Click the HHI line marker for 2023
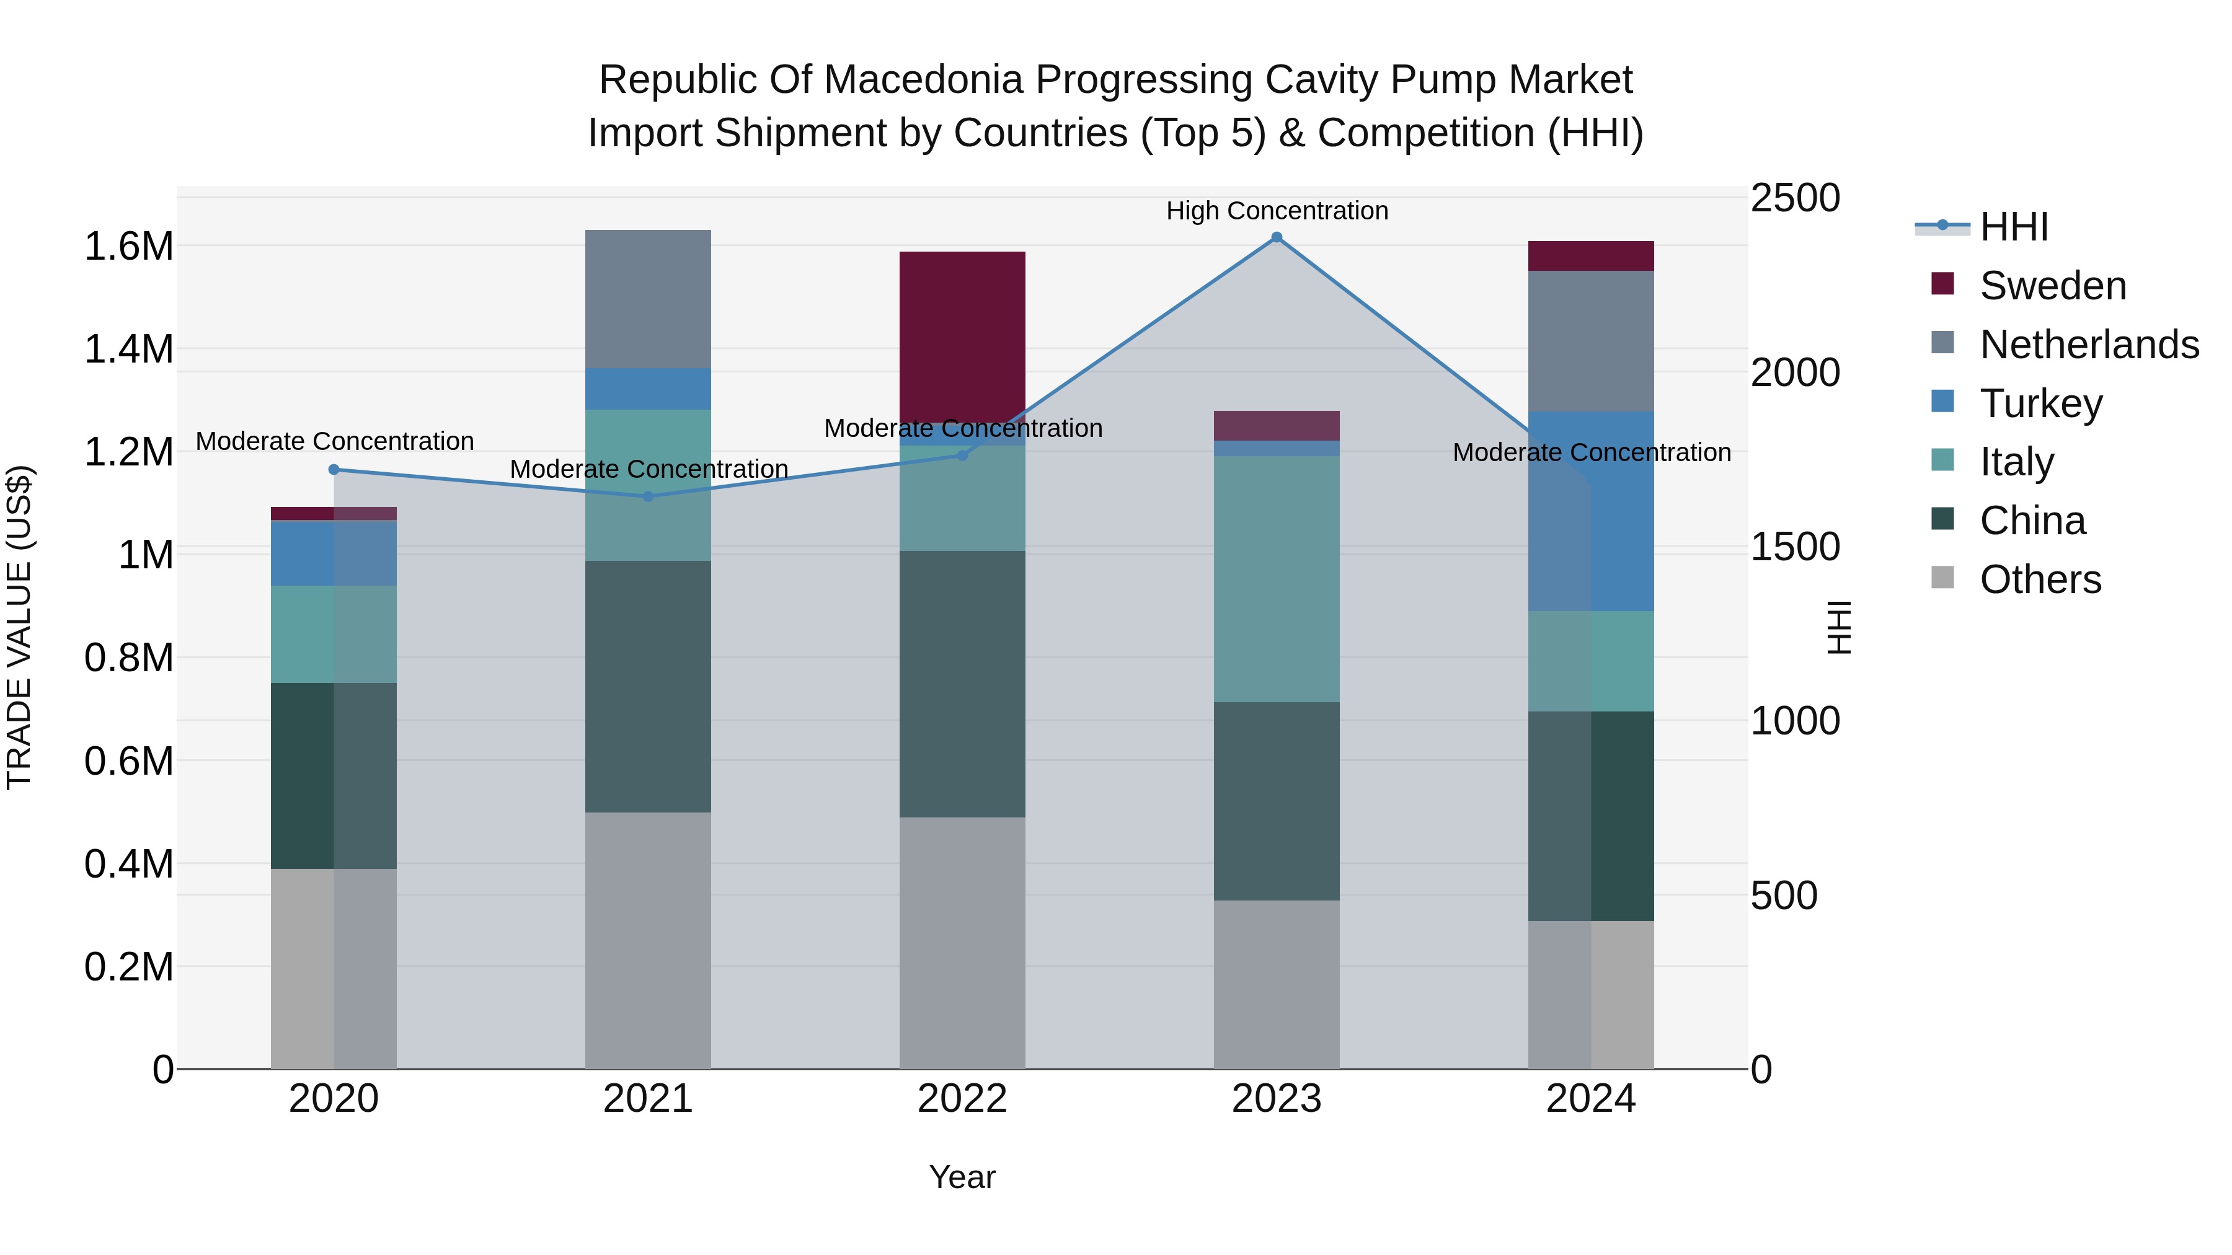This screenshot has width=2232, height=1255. tap(1277, 237)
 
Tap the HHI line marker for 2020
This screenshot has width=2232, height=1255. tap(334, 469)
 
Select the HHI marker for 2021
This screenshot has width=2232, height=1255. tap(648, 496)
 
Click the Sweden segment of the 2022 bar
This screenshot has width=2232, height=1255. tap(962, 336)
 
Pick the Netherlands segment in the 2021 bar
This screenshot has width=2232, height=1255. tap(648, 299)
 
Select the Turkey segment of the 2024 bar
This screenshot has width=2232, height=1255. tap(1591, 511)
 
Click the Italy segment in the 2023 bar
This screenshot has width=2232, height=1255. tap(1277, 579)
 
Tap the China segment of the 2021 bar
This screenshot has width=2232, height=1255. tap(648, 686)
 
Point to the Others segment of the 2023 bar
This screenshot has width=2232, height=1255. tap(1277, 984)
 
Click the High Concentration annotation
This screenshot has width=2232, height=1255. tap(1277, 211)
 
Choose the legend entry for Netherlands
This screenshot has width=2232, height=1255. tap(2088, 345)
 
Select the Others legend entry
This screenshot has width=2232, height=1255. tap(2040, 579)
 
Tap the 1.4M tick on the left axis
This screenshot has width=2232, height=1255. tap(128, 350)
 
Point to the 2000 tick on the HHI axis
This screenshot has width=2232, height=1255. tap(1794, 372)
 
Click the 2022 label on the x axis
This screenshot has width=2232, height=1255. tap(962, 1099)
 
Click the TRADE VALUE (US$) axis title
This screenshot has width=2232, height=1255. tap(19, 627)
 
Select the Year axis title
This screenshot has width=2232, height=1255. tap(962, 1177)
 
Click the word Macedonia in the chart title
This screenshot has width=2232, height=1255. tap(924, 80)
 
